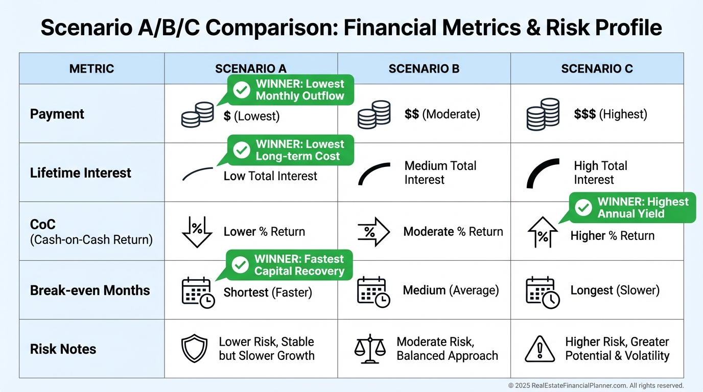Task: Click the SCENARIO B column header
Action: point(424,69)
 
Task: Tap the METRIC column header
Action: point(91,69)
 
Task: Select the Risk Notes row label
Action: point(63,349)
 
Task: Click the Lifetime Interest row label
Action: point(80,173)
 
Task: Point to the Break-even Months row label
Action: point(90,290)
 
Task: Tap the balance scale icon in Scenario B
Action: point(370,349)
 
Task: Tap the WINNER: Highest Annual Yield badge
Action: point(632,208)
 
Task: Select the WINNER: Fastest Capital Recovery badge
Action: point(289,265)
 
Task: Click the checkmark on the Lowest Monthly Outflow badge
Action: point(242,90)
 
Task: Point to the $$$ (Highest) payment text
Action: point(611,114)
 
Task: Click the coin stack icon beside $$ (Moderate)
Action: point(374,114)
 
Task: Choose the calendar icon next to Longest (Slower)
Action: point(543,292)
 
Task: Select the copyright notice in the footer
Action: point(596,385)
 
